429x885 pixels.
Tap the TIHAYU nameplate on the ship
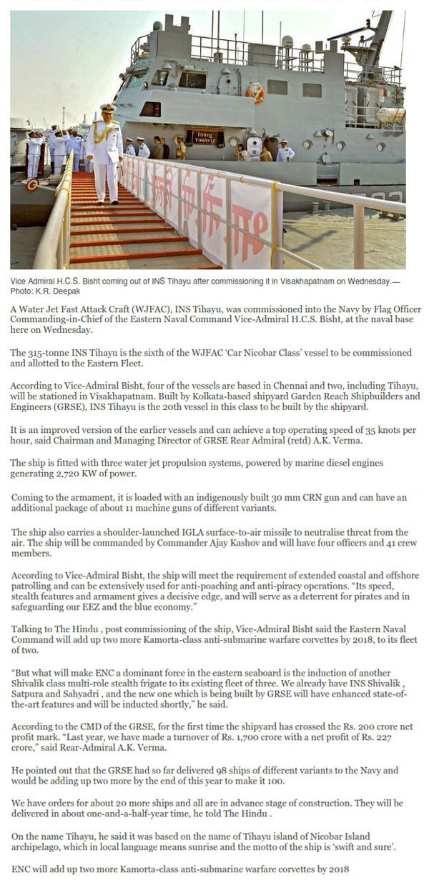pyautogui.click(x=204, y=137)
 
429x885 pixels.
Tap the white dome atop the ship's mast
pyautogui.click(x=287, y=41)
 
